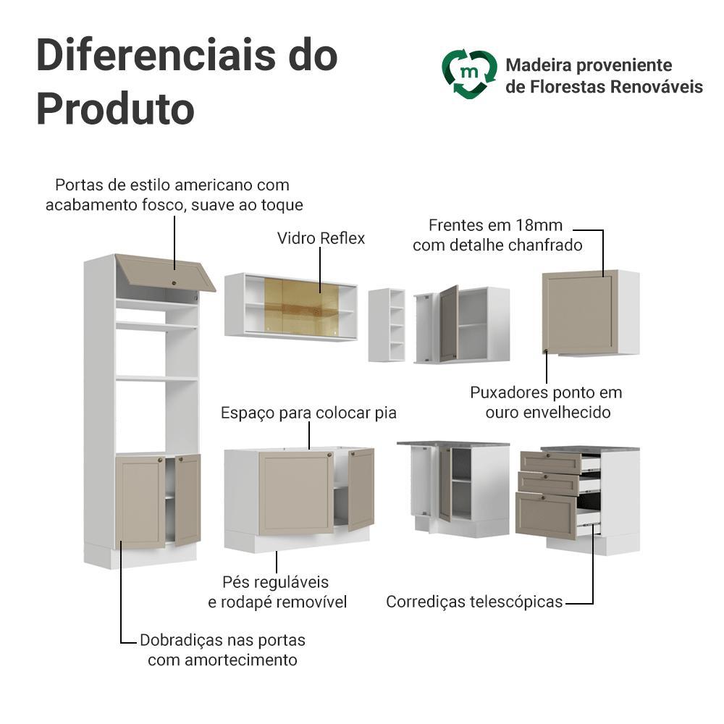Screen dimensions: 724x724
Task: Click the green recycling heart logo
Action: click(x=469, y=74)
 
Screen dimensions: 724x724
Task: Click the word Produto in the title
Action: click(x=115, y=109)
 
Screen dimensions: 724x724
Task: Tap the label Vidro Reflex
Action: click(x=321, y=238)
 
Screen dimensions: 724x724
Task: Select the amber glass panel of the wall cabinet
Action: click(x=301, y=306)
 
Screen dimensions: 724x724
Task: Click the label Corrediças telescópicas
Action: click(x=474, y=602)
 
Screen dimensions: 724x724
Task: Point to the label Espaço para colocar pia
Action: click(x=308, y=413)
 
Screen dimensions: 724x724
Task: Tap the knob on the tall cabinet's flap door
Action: click(x=174, y=282)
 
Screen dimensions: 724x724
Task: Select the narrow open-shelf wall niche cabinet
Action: click(x=387, y=325)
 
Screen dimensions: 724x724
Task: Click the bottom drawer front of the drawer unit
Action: click(x=547, y=515)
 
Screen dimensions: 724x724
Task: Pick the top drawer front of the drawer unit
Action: click(x=550, y=462)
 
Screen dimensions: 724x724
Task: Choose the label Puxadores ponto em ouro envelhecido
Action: click(x=547, y=402)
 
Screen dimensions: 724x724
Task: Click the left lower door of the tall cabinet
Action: click(x=140, y=502)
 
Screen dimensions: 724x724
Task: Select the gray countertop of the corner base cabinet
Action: click(x=453, y=444)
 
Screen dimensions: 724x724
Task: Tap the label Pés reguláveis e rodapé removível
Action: click(x=277, y=592)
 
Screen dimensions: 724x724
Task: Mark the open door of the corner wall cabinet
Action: click(x=448, y=324)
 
